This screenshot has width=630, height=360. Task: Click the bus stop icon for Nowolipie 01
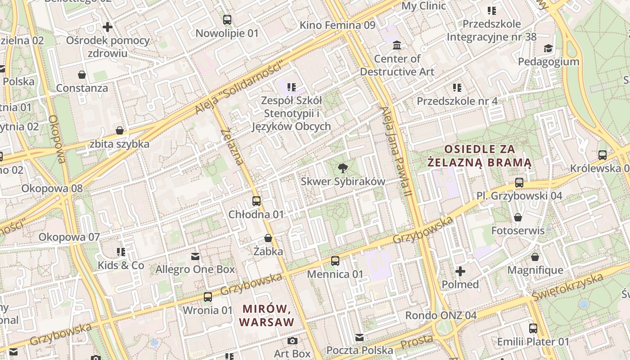tap(227, 20)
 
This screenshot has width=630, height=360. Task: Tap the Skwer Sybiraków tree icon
tap(343, 168)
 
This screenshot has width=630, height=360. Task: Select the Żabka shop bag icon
tap(268, 238)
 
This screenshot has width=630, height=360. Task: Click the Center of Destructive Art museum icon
tap(397, 45)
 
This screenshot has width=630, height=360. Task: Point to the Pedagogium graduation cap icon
tap(548, 49)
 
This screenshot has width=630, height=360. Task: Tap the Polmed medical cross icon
tap(460, 271)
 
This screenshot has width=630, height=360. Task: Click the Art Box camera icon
tap(292, 341)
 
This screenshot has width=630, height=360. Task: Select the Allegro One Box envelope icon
tap(195, 256)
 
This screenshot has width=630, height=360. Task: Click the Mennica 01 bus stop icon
tap(335, 261)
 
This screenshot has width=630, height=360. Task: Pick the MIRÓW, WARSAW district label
tap(266, 315)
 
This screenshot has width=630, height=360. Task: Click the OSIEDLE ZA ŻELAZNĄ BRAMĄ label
tap(479, 155)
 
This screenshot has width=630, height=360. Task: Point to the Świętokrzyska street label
tap(567, 288)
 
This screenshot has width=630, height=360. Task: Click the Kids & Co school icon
tap(121, 252)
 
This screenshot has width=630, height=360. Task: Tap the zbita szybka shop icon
tap(120, 131)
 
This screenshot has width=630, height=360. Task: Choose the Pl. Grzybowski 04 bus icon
tap(519, 183)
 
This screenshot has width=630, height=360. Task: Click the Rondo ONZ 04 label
tap(441, 315)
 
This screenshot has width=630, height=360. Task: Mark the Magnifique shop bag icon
tap(535, 257)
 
